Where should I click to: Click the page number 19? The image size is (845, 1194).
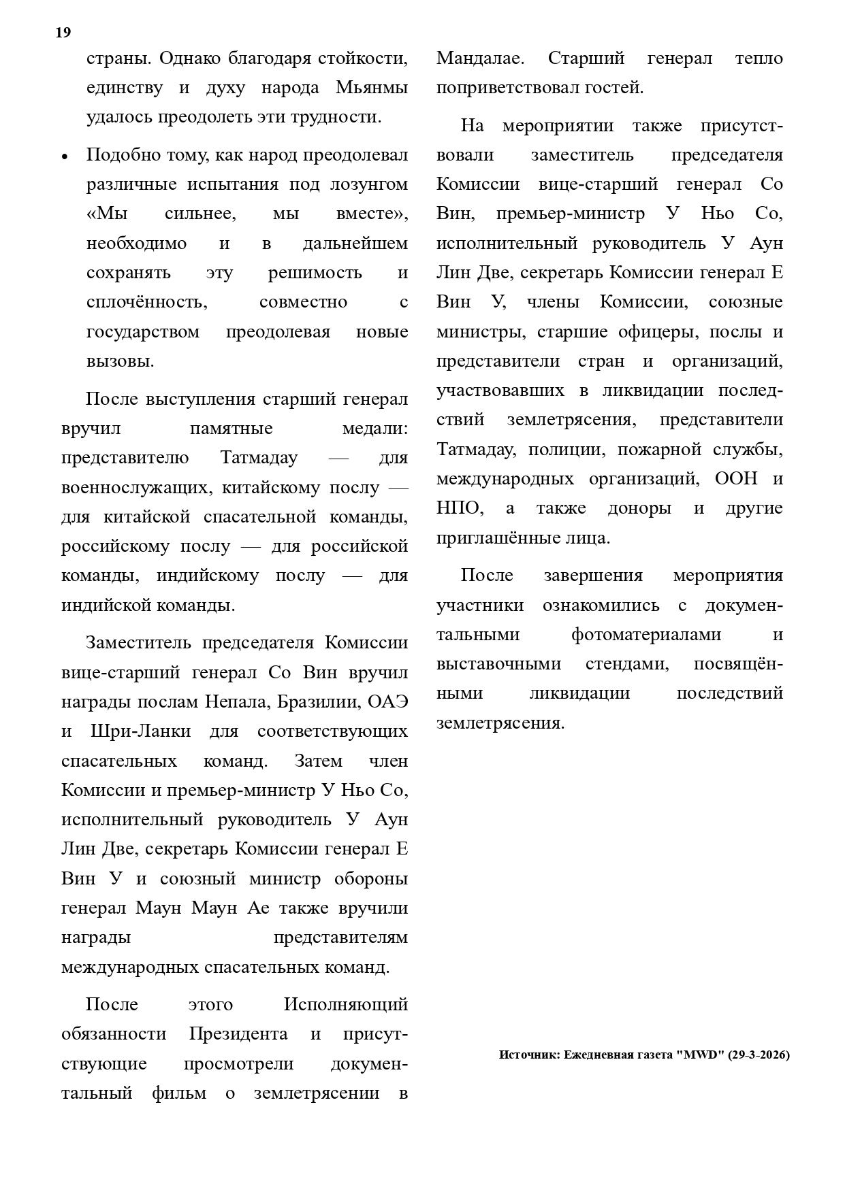pyautogui.click(x=63, y=33)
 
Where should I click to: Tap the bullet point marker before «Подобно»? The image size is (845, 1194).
pyautogui.click(x=65, y=156)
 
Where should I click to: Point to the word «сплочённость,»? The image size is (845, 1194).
pyautogui.click(x=147, y=302)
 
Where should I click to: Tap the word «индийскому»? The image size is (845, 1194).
pyautogui.click(x=208, y=576)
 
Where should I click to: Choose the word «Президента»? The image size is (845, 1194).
pyautogui.click(x=238, y=1034)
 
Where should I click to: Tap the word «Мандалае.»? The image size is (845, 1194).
pyautogui.click(x=480, y=59)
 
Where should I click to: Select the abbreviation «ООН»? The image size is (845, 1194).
pyautogui.click(x=735, y=478)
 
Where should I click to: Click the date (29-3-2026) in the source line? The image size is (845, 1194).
pyautogui.click(x=759, y=1055)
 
